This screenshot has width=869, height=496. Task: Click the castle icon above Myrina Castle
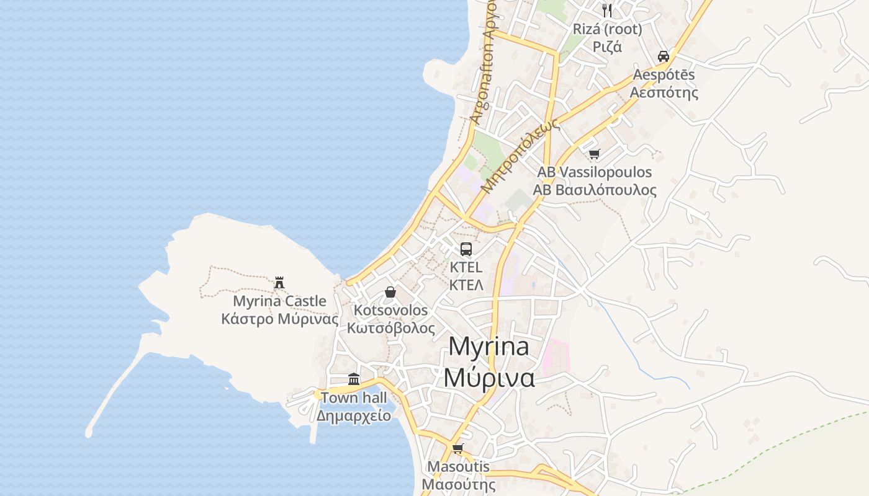[x=279, y=283]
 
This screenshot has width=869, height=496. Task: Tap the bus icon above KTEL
[x=466, y=249]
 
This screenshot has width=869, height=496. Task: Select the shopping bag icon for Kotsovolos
[x=390, y=291]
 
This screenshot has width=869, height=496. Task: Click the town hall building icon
[x=354, y=379]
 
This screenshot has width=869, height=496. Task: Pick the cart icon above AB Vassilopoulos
[x=595, y=154]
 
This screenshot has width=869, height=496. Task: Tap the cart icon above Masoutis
[x=458, y=448]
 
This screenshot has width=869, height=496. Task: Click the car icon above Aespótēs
[x=664, y=56]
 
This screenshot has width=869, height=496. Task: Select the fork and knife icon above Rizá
[x=607, y=10]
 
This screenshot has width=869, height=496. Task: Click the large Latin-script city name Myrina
[x=489, y=347]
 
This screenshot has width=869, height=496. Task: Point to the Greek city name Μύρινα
[x=489, y=377]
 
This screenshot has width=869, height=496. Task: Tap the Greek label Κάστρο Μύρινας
[x=280, y=319]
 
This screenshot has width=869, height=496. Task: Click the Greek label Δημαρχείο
[x=354, y=415]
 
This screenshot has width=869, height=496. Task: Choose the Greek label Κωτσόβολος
[x=391, y=328]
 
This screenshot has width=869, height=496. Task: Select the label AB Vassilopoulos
[x=595, y=172]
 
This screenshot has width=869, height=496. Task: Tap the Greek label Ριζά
[x=607, y=46]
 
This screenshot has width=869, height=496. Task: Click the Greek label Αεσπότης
[x=664, y=93]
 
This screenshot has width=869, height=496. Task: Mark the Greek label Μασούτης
[x=459, y=484]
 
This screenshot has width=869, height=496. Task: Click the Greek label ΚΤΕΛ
[x=466, y=285]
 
